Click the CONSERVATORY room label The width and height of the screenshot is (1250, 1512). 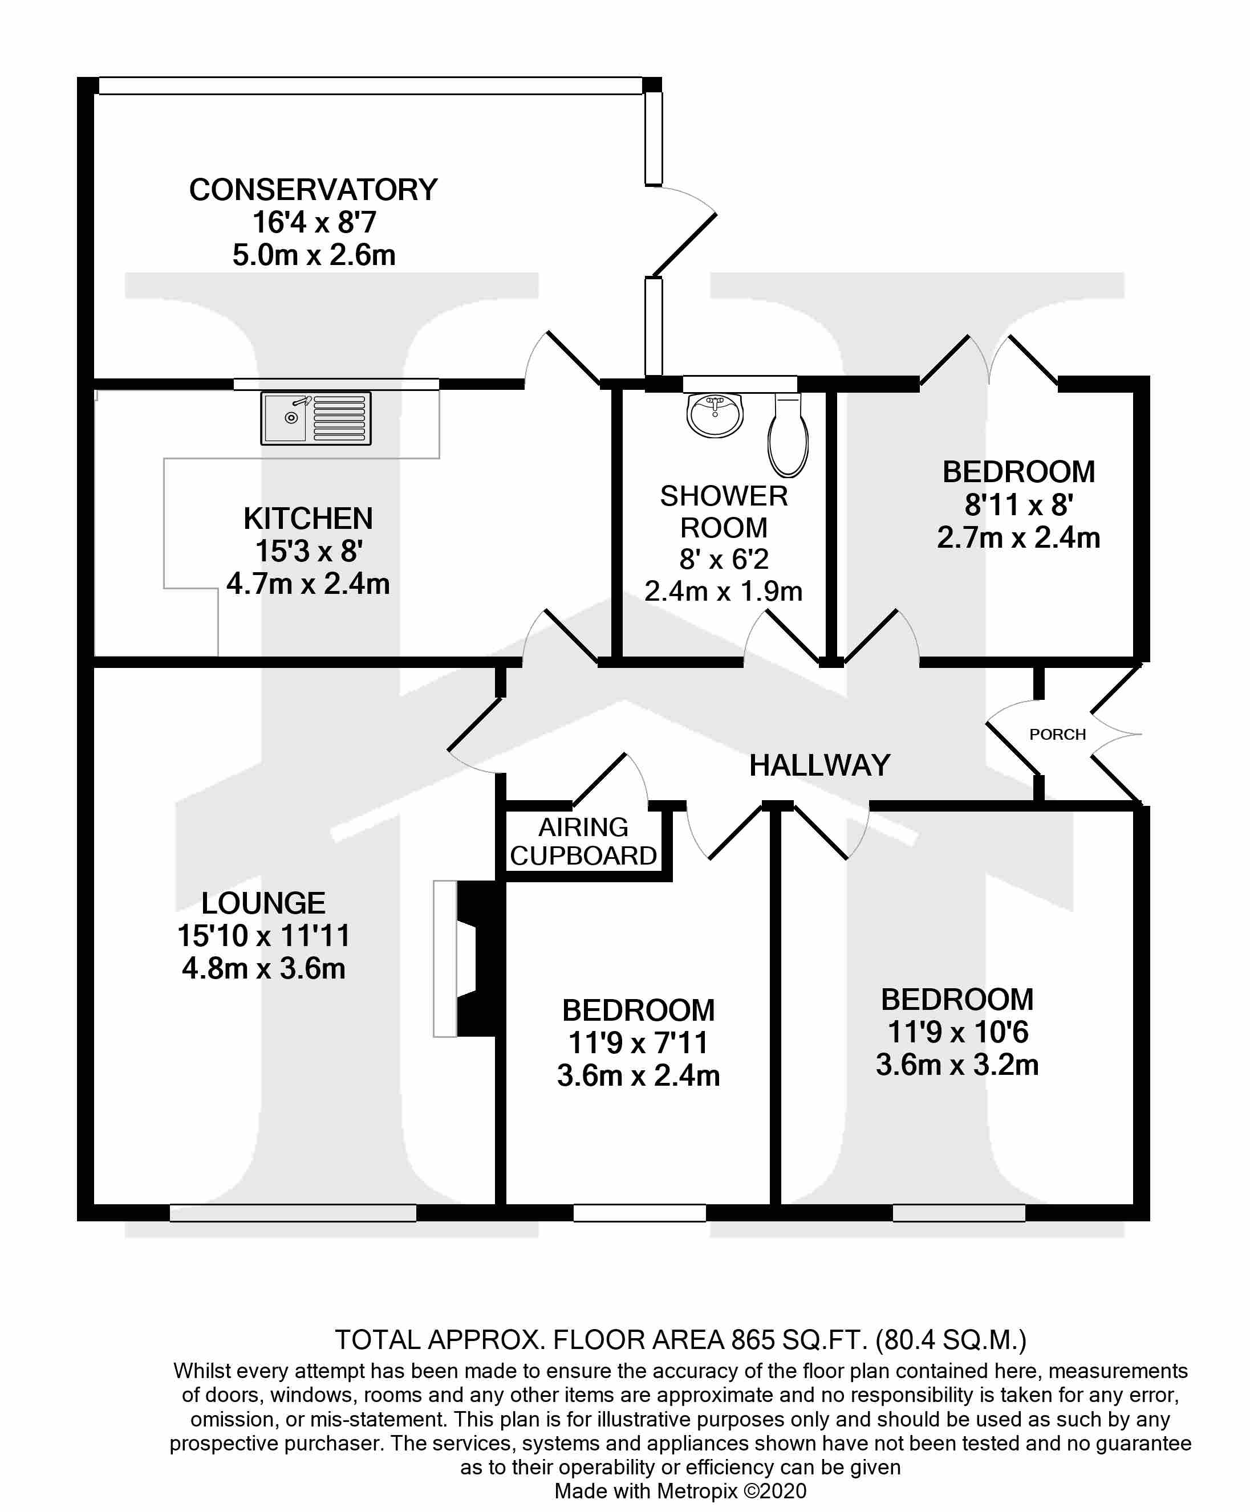click(x=313, y=190)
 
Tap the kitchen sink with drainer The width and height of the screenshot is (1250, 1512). click(x=315, y=418)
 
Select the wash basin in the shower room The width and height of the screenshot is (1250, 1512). click(x=715, y=415)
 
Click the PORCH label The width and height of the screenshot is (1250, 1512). click(x=1057, y=734)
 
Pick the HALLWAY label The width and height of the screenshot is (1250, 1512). click(x=819, y=765)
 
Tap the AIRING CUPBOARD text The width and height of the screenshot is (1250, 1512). click(x=583, y=841)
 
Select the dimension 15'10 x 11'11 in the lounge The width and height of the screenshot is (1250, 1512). click(x=263, y=936)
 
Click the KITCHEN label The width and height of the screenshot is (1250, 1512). click(x=308, y=518)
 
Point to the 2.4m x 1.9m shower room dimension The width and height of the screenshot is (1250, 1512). click(x=723, y=591)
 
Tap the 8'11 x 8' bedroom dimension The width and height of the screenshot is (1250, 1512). click(x=1018, y=505)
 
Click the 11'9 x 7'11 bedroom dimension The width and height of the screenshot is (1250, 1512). click(x=638, y=1043)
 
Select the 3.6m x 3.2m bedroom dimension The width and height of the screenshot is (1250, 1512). click(x=957, y=1065)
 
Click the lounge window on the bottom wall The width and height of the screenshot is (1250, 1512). click(x=293, y=1213)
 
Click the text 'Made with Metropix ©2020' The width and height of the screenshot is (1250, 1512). click(x=680, y=1491)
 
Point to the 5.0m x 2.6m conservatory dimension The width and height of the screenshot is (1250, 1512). click(x=313, y=255)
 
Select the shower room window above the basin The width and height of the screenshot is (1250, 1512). click(x=740, y=384)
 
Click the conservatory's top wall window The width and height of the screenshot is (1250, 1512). click(x=370, y=85)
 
